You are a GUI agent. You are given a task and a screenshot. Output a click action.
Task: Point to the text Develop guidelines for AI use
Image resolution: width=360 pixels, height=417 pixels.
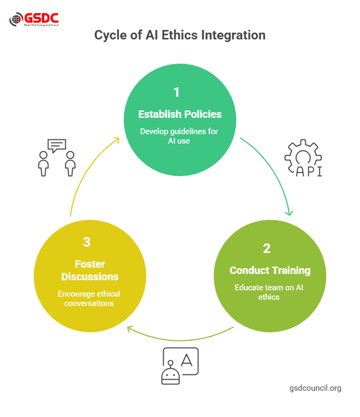tap(179, 136)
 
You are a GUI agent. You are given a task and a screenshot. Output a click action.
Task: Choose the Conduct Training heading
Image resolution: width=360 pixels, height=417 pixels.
tap(270, 270)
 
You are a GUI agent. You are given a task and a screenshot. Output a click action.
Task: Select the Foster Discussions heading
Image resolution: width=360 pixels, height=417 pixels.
tap(89, 270)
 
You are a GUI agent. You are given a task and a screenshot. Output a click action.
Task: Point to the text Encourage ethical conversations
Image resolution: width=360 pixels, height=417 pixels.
tap(89, 298)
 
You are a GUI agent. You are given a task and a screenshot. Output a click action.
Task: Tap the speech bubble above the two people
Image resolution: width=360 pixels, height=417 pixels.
tap(56, 146)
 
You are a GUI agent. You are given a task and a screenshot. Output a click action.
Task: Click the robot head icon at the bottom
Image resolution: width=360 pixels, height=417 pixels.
tap(171, 374)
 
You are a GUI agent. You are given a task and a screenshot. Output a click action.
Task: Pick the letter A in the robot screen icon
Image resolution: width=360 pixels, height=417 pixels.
tap(186, 360)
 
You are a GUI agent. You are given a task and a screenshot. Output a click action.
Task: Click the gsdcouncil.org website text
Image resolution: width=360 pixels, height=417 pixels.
tap(315, 388)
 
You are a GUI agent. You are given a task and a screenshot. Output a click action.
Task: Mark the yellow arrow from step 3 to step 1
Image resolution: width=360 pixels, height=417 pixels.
tap(87, 168)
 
